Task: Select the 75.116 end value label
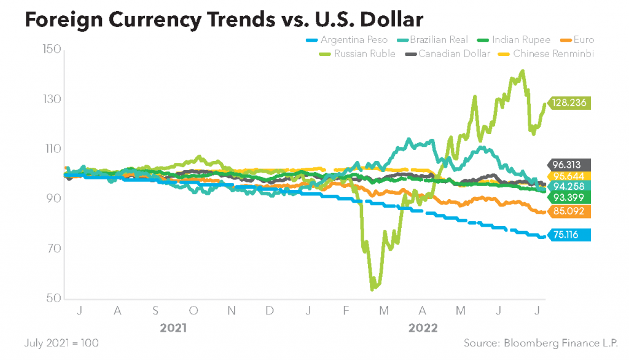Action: (x=569, y=234)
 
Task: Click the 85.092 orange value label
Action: (x=569, y=211)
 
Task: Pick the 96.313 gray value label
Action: (x=569, y=165)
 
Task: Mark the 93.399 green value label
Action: (x=569, y=197)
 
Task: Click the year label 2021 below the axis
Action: (x=174, y=328)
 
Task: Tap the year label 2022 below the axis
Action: (x=423, y=328)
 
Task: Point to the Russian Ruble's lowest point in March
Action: (x=373, y=288)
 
